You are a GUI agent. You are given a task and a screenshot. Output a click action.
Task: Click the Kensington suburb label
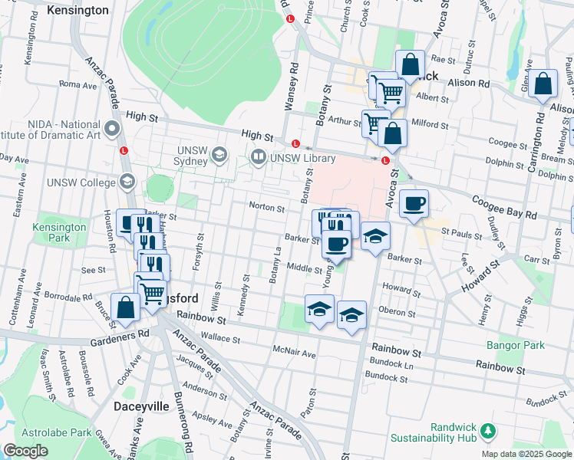78,11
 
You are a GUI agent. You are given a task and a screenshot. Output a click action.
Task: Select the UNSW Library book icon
258,158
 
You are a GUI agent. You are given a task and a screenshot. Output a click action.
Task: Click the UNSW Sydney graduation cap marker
220,156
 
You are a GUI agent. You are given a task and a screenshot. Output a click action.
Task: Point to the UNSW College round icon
127,182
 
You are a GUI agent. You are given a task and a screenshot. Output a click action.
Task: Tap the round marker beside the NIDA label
113,127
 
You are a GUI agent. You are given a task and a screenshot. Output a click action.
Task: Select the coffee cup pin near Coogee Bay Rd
414,204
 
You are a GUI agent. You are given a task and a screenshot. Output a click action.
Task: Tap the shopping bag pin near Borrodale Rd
125,307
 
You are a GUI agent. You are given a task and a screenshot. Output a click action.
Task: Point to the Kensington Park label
59,232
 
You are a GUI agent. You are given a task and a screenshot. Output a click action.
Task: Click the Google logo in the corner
25,451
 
